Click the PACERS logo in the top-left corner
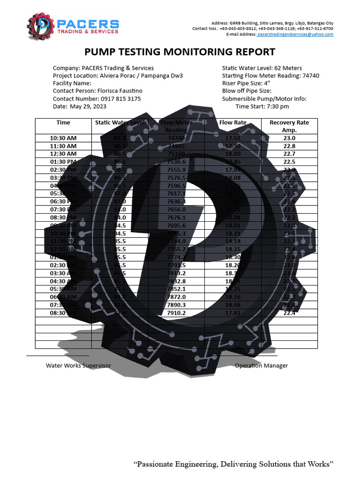click(x=73, y=26)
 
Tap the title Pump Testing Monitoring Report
click(x=180, y=52)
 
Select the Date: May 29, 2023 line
click(x=79, y=106)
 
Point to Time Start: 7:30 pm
click(x=262, y=106)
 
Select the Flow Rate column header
click(x=232, y=123)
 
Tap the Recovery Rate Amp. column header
click(x=289, y=126)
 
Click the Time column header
click(x=63, y=123)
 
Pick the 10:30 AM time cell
click(x=63, y=138)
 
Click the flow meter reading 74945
click(x=176, y=146)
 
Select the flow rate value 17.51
click(x=232, y=138)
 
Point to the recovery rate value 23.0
click(x=289, y=138)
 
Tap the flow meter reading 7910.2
click(x=176, y=313)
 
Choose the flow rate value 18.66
click(x=232, y=305)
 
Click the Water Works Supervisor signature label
click(x=78, y=366)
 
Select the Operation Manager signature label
click(x=261, y=366)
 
